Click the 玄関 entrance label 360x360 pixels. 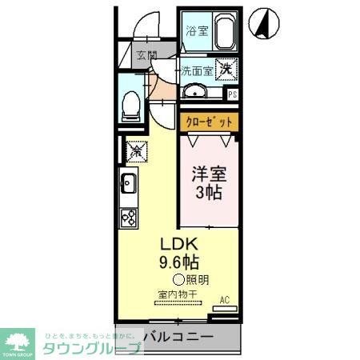tap(146, 56)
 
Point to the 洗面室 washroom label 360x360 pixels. tap(196, 70)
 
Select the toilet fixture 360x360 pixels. tap(132, 105)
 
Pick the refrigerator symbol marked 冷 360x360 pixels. tap(134, 149)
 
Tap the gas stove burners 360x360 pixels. tap(128, 216)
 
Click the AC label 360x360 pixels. tap(225, 301)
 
